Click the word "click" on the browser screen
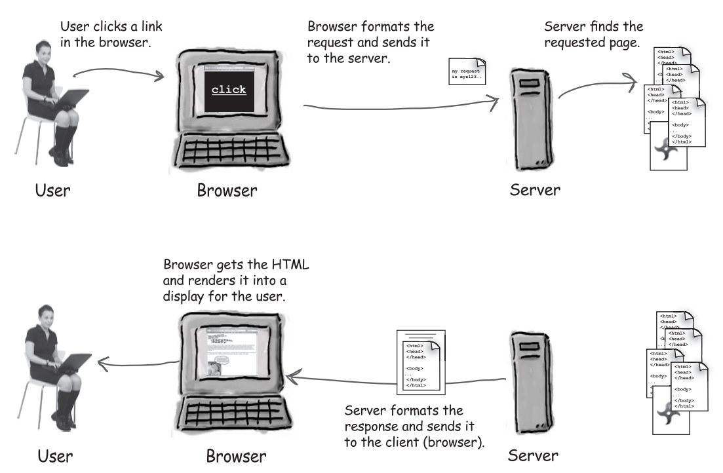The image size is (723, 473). [x=228, y=90]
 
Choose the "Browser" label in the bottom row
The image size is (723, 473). [x=237, y=455]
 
